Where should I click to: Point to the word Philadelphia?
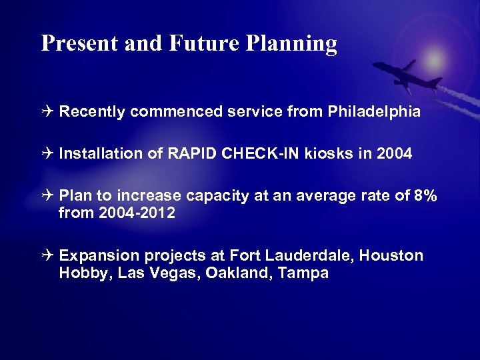(374, 112)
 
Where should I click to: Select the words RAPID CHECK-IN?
(239, 154)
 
